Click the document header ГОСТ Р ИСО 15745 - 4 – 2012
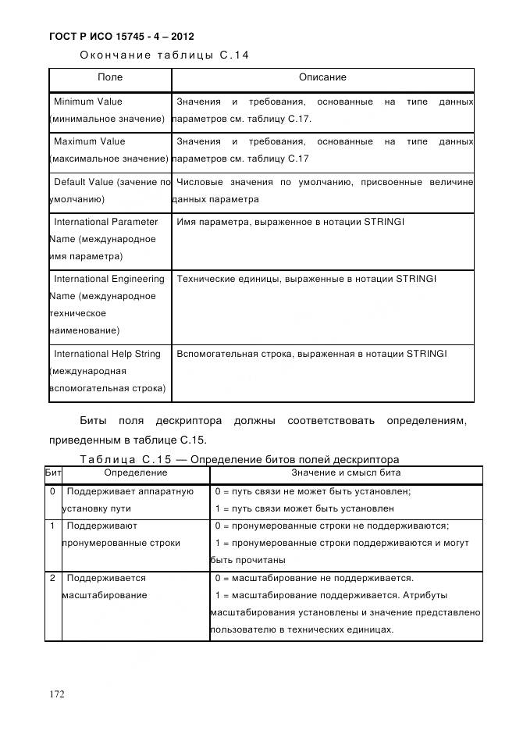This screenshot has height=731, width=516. [121, 37]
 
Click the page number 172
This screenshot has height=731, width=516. [57, 694]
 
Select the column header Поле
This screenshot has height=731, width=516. [109, 78]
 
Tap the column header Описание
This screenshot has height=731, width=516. [322, 78]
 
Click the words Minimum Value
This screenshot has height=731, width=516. [88, 102]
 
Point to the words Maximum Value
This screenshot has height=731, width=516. [89, 141]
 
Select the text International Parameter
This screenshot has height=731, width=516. [105, 222]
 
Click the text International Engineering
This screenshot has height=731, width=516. [109, 279]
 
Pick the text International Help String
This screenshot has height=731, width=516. [107, 354]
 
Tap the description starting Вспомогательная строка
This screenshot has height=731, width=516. [311, 354]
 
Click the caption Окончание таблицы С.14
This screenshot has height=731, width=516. [164, 55]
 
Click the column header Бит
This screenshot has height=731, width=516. [53, 472]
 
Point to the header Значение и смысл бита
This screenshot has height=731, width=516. [346, 472]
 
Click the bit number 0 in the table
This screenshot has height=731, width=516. [52, 491]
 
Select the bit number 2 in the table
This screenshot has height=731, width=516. [52, 578]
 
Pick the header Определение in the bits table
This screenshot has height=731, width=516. [135, 472]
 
